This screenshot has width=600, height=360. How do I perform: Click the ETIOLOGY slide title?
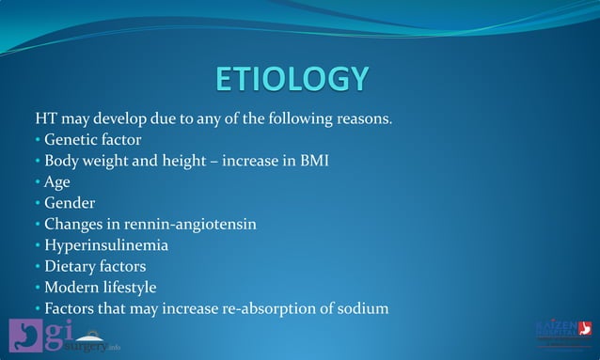point(292,79)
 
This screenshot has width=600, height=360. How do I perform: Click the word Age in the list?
point(57,182)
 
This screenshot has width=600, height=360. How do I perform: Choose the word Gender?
point(70,203)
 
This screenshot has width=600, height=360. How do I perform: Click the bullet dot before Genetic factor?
point(38,141)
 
